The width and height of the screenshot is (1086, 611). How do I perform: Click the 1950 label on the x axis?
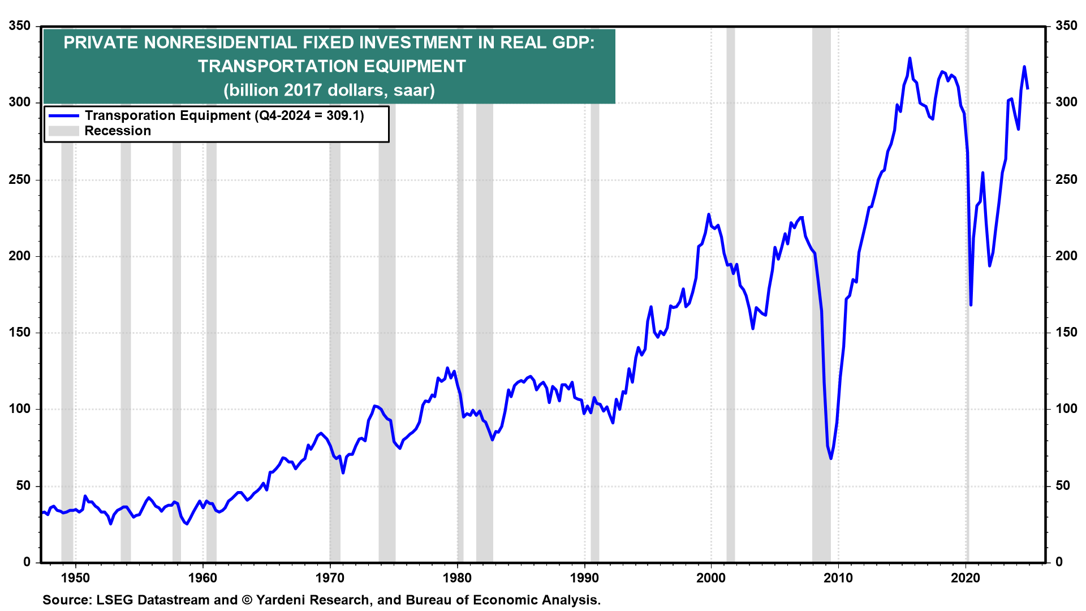pos(75,578)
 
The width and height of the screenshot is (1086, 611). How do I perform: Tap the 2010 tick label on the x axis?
pos(838,578)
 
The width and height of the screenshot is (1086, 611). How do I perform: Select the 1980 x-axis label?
pos(457,578)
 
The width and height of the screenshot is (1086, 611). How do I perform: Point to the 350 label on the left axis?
pos(20,26)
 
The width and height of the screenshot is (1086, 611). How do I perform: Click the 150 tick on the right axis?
pos(1066,333)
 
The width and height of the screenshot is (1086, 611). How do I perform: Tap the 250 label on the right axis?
pos(1066,180)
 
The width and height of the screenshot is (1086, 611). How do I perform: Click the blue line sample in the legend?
pos(63,116)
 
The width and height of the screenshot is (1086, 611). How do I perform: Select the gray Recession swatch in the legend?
pos(63,131)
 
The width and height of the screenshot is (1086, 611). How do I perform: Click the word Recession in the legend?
pos(118,131)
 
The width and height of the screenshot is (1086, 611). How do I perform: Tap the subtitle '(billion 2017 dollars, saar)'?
pos(329,91)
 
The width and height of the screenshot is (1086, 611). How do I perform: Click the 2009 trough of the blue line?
pos(831,458)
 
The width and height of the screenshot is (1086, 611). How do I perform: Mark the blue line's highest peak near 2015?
pos(910,58)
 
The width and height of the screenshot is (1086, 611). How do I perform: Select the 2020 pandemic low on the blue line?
pos(971,305)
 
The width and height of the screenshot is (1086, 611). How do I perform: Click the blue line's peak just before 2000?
pos(709,214)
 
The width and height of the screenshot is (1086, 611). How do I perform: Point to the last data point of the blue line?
pos(1028,89)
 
